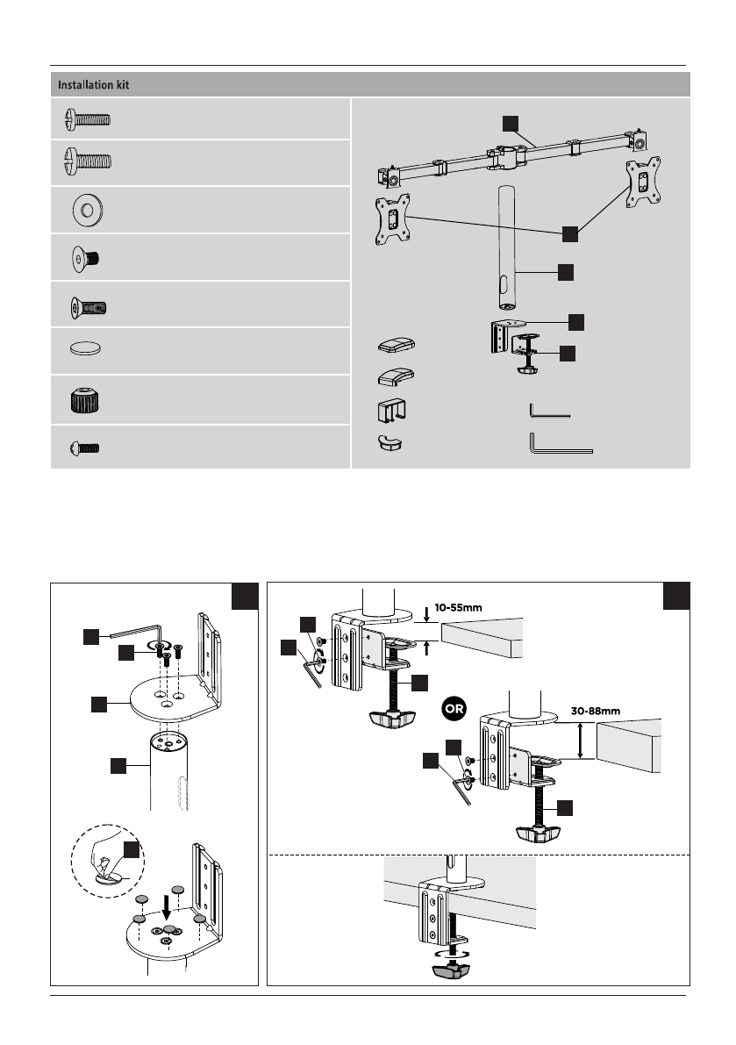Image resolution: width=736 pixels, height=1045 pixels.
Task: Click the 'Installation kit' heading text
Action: (x=93, y=84)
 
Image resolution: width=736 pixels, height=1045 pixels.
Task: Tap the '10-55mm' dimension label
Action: (x=458, y=608)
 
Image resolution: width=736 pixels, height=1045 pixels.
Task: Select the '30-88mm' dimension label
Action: (x=596, y=711)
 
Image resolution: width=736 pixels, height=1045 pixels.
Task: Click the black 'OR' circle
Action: (x=454, y=708)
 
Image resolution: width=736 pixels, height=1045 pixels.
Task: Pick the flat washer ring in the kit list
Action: (x=87, y=211)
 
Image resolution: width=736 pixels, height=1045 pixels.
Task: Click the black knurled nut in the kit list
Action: (x=85, y=400)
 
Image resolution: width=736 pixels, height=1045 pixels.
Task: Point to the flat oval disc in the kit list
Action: (x=85, y=347)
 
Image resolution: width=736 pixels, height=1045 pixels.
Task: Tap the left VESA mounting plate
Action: (x=393, y=219)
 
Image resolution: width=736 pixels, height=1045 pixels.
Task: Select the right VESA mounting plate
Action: (x=643, y=182)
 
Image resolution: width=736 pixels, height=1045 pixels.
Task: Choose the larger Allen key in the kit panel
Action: (x=561, y=443)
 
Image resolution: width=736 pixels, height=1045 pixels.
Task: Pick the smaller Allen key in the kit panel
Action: (x=549, y=410)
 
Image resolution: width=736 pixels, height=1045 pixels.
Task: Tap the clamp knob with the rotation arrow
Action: (x=451, y=963)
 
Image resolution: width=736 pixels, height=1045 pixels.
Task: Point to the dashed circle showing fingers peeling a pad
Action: (x=107, y=861)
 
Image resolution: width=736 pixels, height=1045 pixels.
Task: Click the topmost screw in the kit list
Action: (x=87, y=120)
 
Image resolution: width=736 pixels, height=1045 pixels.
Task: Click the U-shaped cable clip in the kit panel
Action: (x=392, y=410)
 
